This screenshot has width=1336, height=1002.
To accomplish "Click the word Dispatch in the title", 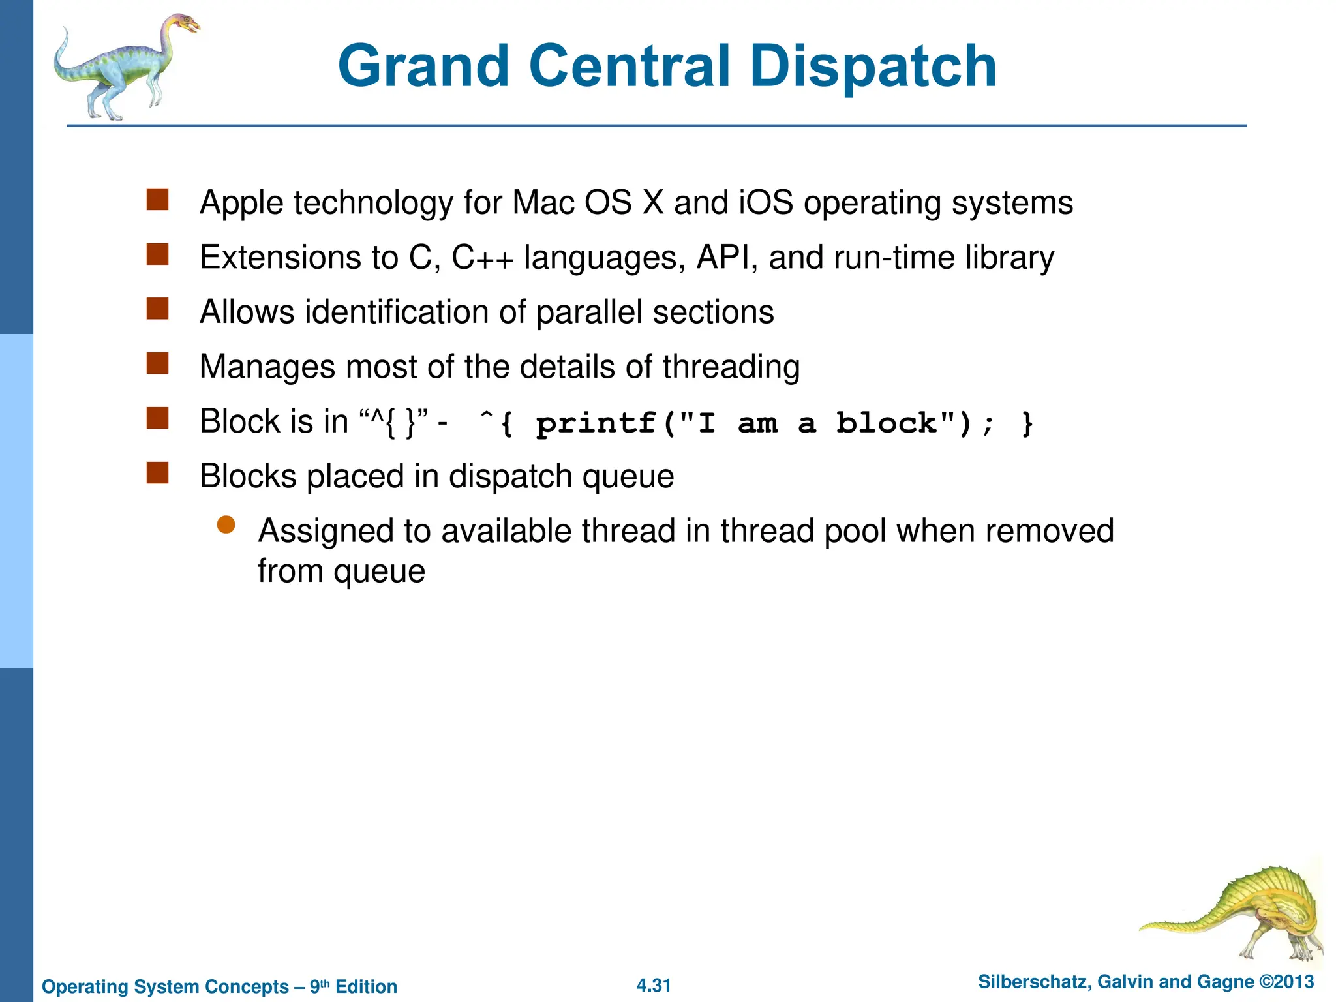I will [x=873, y=67].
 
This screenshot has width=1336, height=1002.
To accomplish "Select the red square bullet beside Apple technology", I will [x=157, y=200].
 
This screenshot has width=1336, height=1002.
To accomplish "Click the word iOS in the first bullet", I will [x=766, y=202].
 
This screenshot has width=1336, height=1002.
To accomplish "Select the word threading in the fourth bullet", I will [x=731, y=367].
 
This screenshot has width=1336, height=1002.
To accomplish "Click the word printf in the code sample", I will [x=596, y=423].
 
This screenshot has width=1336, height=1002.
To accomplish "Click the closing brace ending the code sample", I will [x=1027, y=423].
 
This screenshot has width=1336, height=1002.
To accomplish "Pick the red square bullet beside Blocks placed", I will [x=157, y=473].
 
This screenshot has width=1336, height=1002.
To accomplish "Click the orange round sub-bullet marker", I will [x=226, y=525].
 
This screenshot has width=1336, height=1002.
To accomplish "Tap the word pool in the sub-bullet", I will [x=855, y=531].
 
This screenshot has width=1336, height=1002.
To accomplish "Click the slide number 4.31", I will [x=654, y=985].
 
